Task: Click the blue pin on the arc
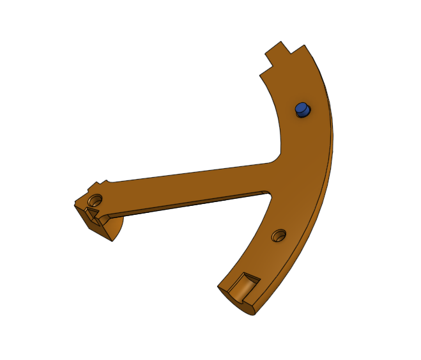point(302,110)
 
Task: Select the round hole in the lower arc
point(278,236)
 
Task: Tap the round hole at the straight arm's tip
point(96,198)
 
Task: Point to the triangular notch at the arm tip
point(93,212)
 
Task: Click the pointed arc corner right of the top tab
point(305,45)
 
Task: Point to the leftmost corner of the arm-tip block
point(74,205)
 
